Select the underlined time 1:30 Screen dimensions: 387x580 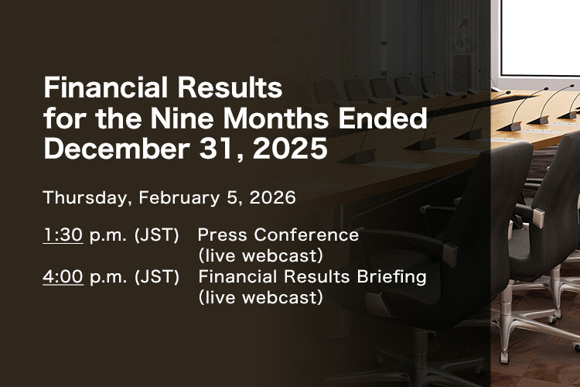[x=63, y=235]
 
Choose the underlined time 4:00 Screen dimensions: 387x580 [x=63, y=277]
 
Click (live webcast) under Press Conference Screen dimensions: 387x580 [x=260, y=255]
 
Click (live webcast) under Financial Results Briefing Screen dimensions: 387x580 [x=260, y=297]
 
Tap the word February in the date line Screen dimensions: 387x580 [x=179, y=197]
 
